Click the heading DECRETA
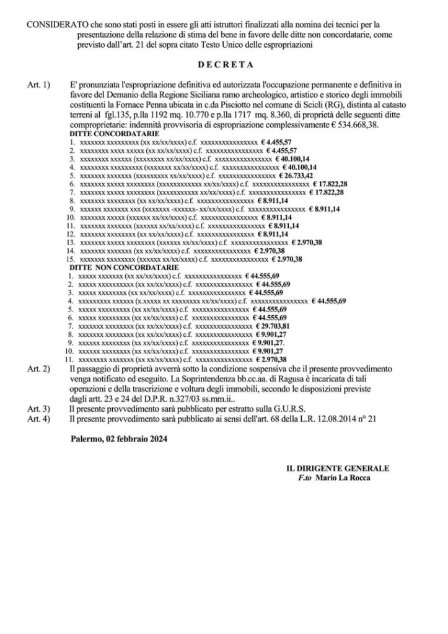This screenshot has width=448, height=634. [224, 64]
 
